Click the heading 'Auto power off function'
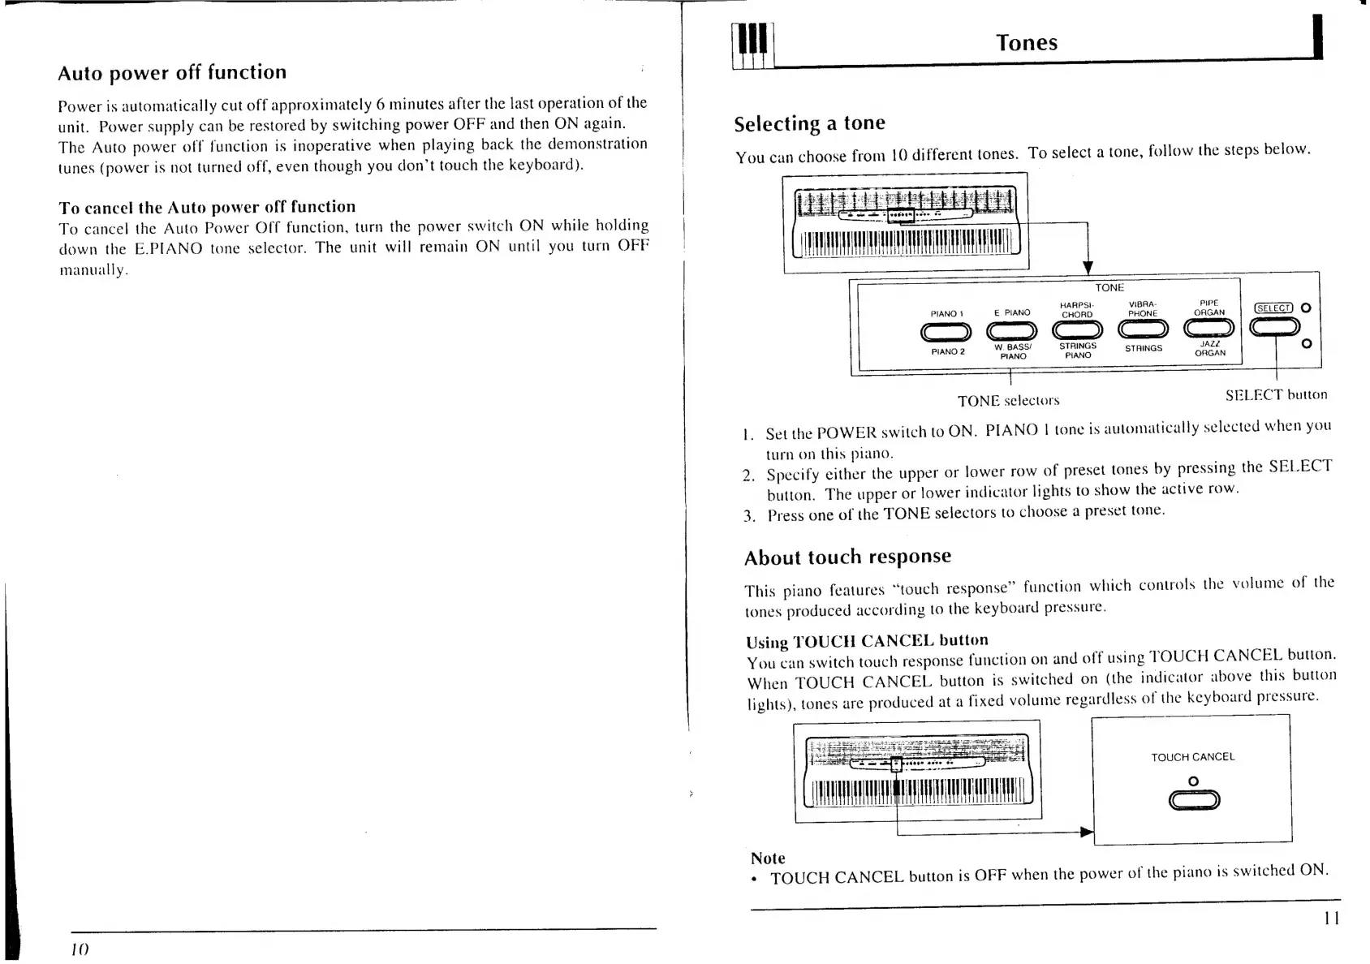172,73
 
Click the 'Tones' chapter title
1027,43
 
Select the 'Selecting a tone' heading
809,124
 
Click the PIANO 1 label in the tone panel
946,313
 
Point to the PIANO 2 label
947,351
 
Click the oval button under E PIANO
1012,330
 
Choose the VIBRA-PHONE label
1143,309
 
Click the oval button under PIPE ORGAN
1208,328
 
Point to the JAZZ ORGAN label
1209,348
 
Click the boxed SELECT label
1273,308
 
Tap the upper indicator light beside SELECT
1306,308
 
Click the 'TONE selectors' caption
1008,401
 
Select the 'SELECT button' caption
1276,395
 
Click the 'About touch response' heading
847,557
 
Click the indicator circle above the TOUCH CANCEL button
1193,781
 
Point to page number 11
1331,918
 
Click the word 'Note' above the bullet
768,858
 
